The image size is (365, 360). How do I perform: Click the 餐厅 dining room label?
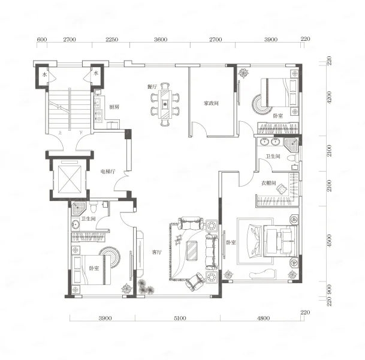(x=152, y=86)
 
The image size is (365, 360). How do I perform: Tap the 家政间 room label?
(x=211, y=103)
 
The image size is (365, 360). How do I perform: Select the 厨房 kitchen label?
(x=114, y=107)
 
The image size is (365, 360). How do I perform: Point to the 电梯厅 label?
(x=108, y=172)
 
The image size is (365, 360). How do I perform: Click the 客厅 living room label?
(x=156, y=252)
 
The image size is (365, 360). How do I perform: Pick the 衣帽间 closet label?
(x=269, y=183)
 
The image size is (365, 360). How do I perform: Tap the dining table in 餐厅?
(x=165, y=104)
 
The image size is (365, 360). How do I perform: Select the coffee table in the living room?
(x=192, y=250)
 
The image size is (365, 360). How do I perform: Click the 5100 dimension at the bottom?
(x=180, y=318)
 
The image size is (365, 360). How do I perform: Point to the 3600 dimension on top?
(x=161, y=40)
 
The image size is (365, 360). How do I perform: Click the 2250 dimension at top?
(x=111, y=40)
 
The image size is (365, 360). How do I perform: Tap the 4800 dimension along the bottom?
(x=263, y=318)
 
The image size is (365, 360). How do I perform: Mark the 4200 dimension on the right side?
(x=329, y=97)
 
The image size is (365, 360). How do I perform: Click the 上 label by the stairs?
(x=61, y=133)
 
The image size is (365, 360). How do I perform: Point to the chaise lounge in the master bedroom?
(x=263, y=274)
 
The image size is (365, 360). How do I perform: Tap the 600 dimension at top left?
(x=42, y=40)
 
